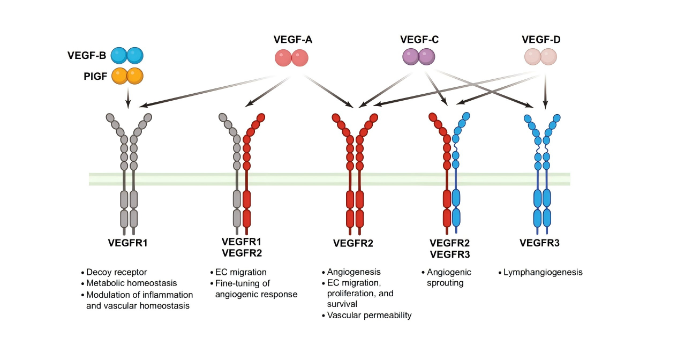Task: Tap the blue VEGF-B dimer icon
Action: [x=127, y=55]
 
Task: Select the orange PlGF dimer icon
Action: [x=127, y=76]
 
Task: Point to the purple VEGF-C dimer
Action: [x=419, y=57]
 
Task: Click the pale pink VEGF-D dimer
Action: [x=540, y=57]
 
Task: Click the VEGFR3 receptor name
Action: [x=539, y=244]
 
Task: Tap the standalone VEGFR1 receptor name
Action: [x=127, y=244]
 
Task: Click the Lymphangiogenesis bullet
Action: [x=543, y=272]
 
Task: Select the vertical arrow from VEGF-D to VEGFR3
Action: [x=545, y=91]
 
